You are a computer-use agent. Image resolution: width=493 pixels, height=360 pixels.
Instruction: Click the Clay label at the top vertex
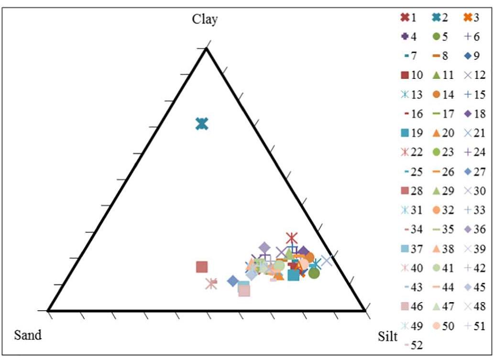tap(205, 19)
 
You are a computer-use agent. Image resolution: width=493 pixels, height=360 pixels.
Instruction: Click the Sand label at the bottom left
tap(28, 335)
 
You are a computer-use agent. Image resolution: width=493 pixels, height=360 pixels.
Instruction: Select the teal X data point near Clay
tap(202, 124)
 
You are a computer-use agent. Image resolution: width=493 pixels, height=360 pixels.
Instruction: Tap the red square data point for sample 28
tap(202, 267)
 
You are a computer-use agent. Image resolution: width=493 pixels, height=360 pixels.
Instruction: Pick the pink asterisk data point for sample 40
tap(211, 284)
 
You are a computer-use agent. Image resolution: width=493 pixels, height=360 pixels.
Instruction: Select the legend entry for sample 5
tap(442, 37)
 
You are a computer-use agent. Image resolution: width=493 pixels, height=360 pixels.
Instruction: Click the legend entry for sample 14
tap(442, 94)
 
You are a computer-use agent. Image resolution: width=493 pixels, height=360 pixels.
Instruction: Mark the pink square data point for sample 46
tap(244, 290)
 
